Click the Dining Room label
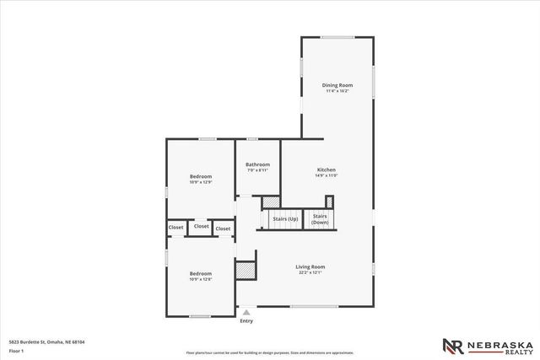337,85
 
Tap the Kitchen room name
326,169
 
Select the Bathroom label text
257,164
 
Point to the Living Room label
311,266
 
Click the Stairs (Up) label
284,219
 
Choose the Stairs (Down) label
320,218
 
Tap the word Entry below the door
246,320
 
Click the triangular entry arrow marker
246,311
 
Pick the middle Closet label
201,226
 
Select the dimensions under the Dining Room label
337,91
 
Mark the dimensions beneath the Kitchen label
326,175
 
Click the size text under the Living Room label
311,272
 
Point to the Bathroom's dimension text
257,170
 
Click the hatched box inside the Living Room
245,271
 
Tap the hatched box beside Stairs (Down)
329,201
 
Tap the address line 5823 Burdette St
46,341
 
